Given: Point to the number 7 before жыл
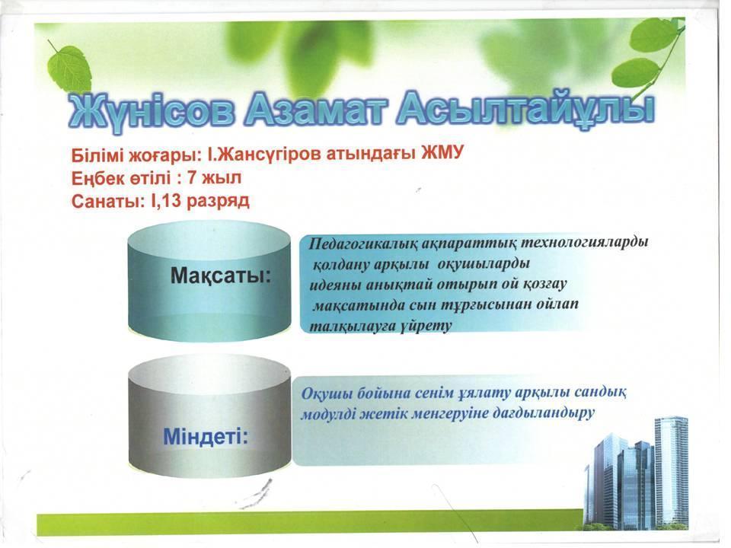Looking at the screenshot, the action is coord(193,177).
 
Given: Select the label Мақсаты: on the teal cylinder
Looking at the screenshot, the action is coord(221,276).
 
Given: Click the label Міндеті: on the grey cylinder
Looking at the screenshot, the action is coord(205,436).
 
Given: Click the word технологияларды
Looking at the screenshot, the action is coord(584,243).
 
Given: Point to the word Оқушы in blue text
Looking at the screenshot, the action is coord(327,394).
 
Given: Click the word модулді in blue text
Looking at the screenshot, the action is coord(327,414).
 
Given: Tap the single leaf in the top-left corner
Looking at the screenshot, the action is coord(70,67).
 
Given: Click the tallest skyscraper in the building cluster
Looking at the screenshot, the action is coord(671,471).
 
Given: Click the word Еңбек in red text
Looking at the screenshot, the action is coord(96,178).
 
